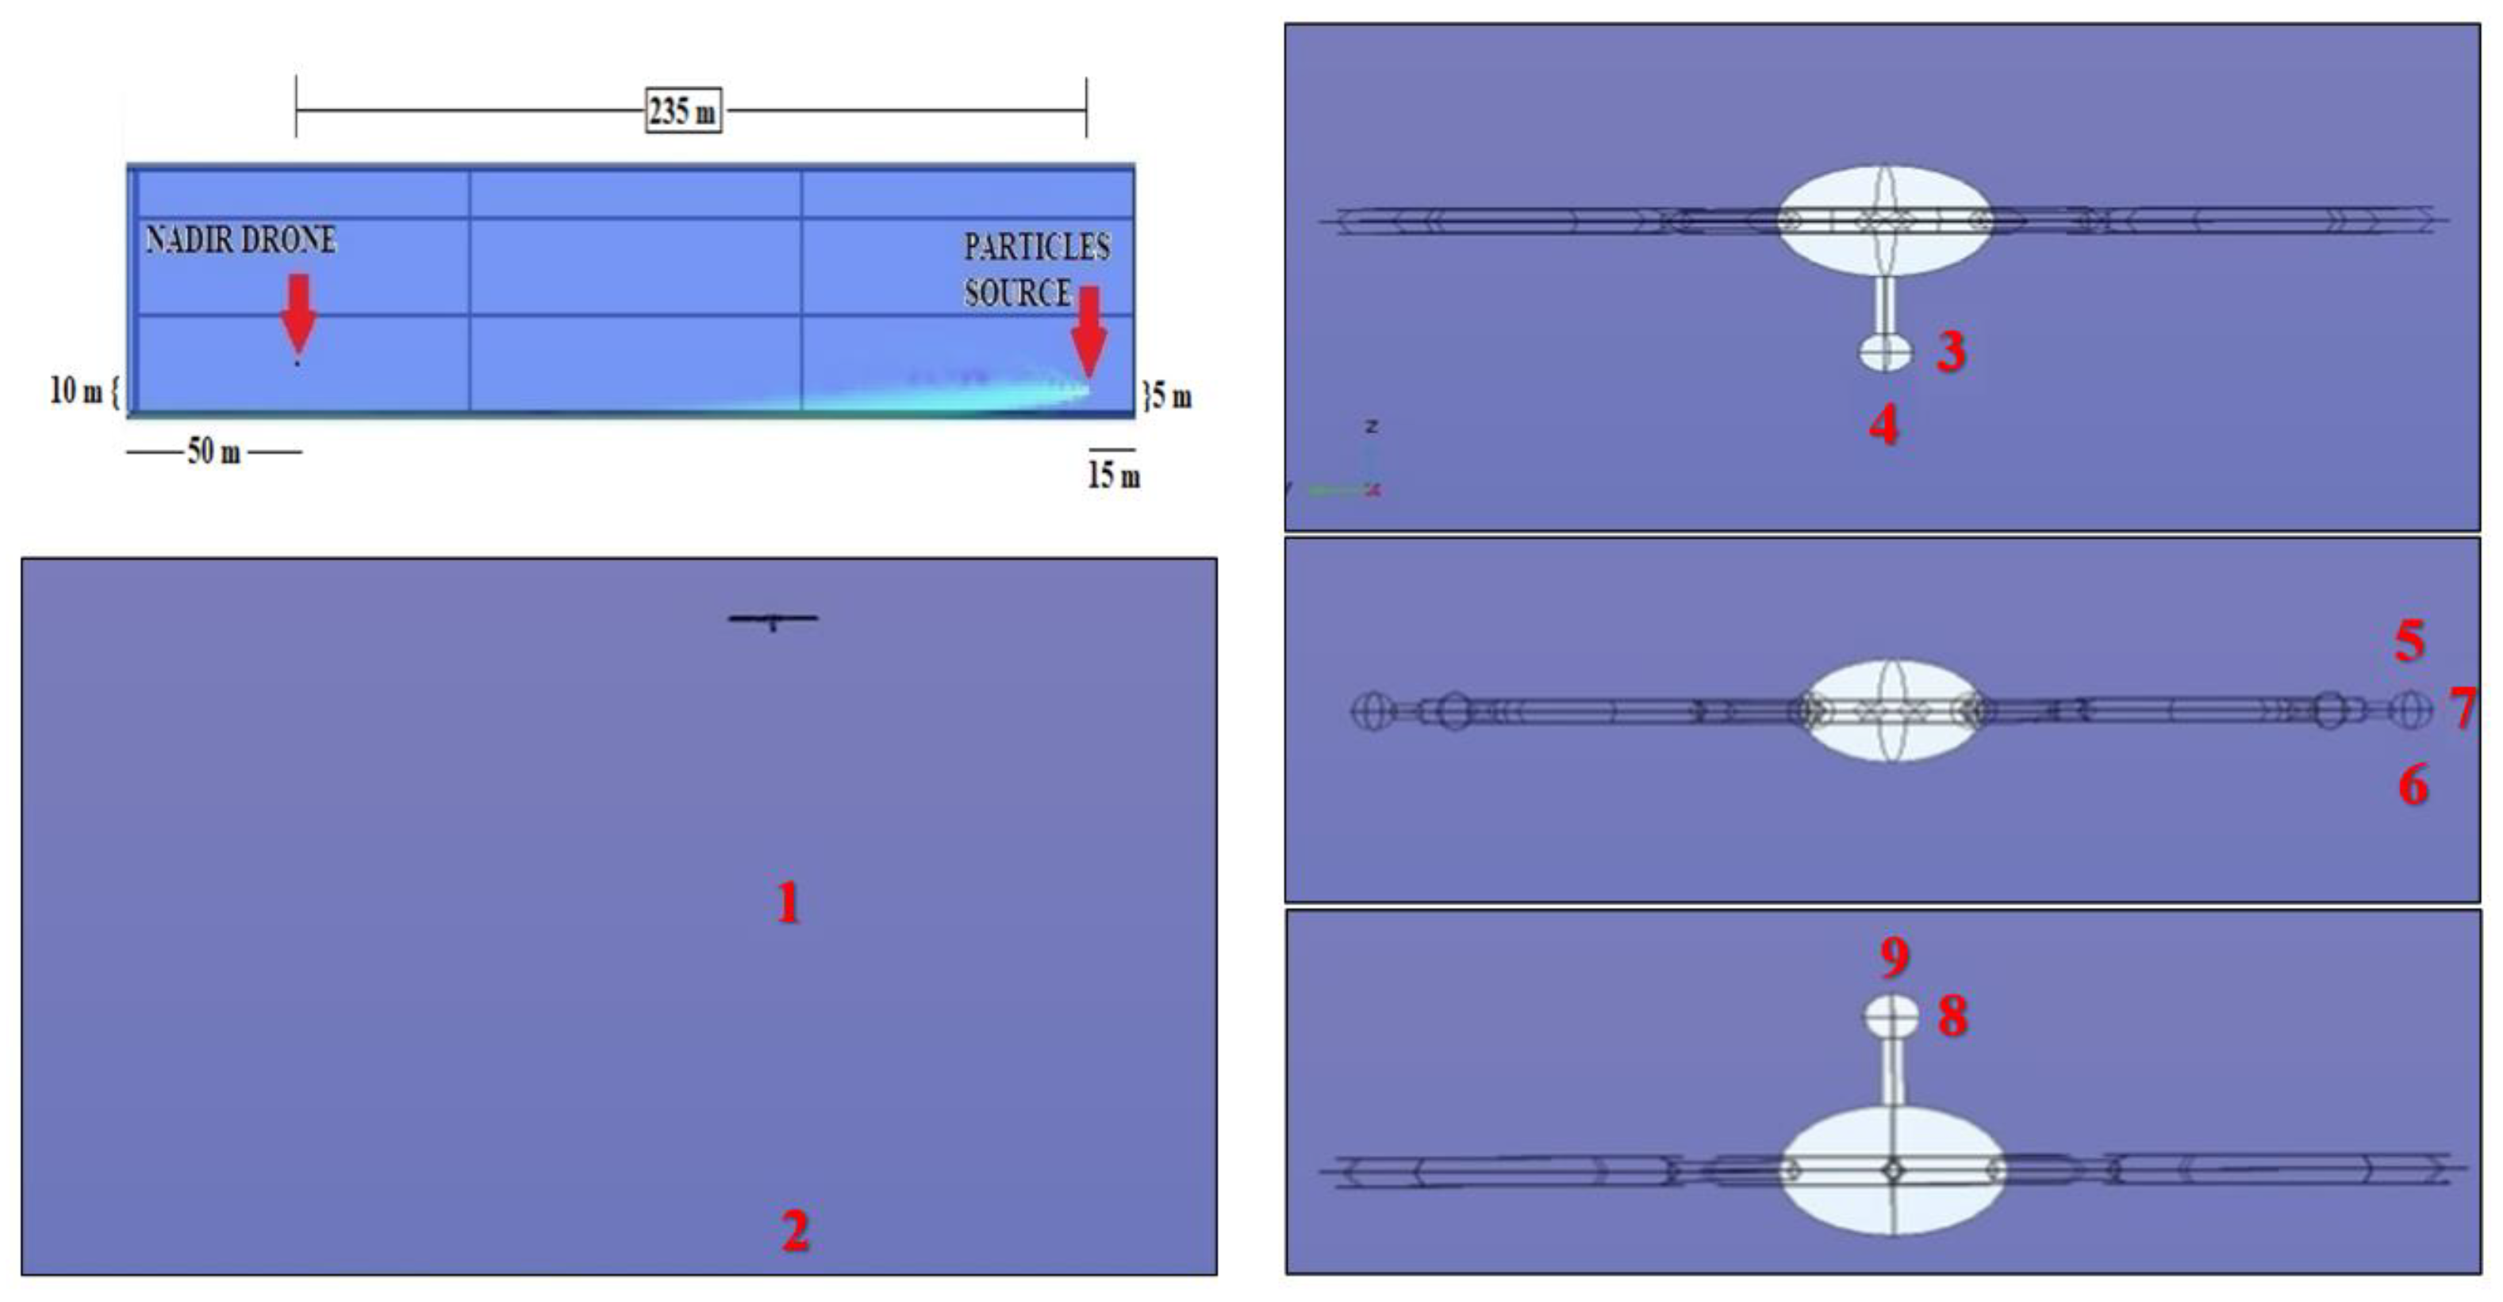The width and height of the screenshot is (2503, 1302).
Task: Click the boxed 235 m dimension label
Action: tap(683, 109)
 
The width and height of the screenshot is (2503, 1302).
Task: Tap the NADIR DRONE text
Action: tap(241, 240)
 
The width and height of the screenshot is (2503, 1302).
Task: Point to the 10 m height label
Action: tap(77, 390)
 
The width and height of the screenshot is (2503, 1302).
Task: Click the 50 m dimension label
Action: tap(213, 451)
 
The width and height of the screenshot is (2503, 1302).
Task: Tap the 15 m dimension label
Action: tap(1114, 475)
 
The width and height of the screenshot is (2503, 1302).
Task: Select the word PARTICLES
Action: tap(1037, 247)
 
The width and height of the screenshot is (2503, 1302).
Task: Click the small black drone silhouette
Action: tap(774, 619)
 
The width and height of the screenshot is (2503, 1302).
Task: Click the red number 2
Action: tap(795, 1231)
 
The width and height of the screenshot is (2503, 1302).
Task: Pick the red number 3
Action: tap(1951, 351)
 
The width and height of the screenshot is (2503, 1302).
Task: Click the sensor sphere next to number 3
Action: tap(1885, 351)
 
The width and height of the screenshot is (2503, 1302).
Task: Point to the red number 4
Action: tap(1884, 424)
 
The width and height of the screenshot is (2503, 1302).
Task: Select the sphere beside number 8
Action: tap(1891, 1016)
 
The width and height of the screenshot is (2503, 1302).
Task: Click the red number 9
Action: tap(1894, 957)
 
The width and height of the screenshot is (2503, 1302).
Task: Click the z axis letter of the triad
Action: tap(1371, 425)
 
